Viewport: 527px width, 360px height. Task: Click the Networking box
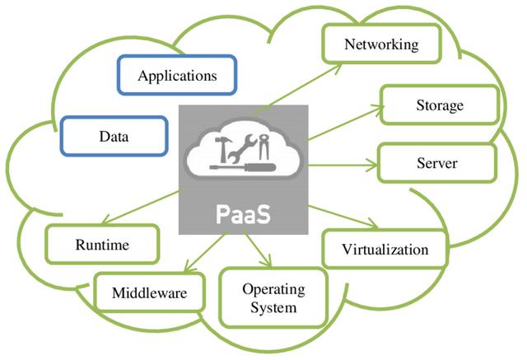tap(380, 44)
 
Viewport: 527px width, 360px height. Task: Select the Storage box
tap(439, 105)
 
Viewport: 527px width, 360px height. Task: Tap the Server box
tap(436, 163)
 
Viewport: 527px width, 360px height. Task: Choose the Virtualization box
tap(385, 249)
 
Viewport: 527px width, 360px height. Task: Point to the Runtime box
tap(102, 245)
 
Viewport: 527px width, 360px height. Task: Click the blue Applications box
tap(177, 76)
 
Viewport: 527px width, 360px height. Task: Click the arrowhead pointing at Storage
tap(380, 107)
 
